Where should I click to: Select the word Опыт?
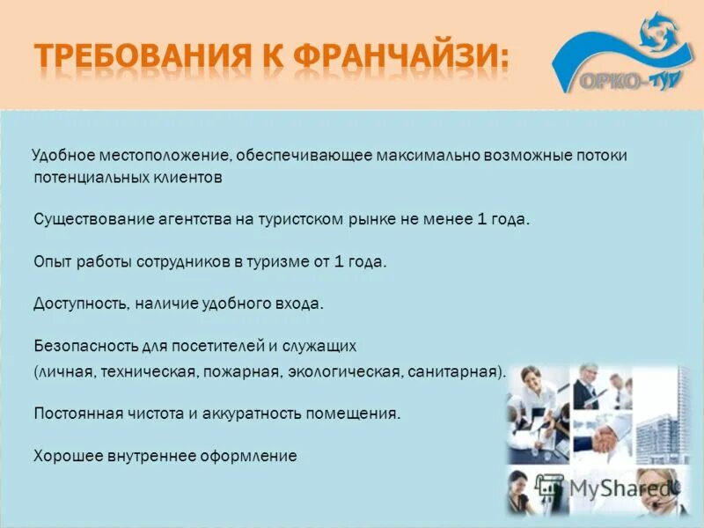tap(51, 261)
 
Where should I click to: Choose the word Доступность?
tap(83, 304)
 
